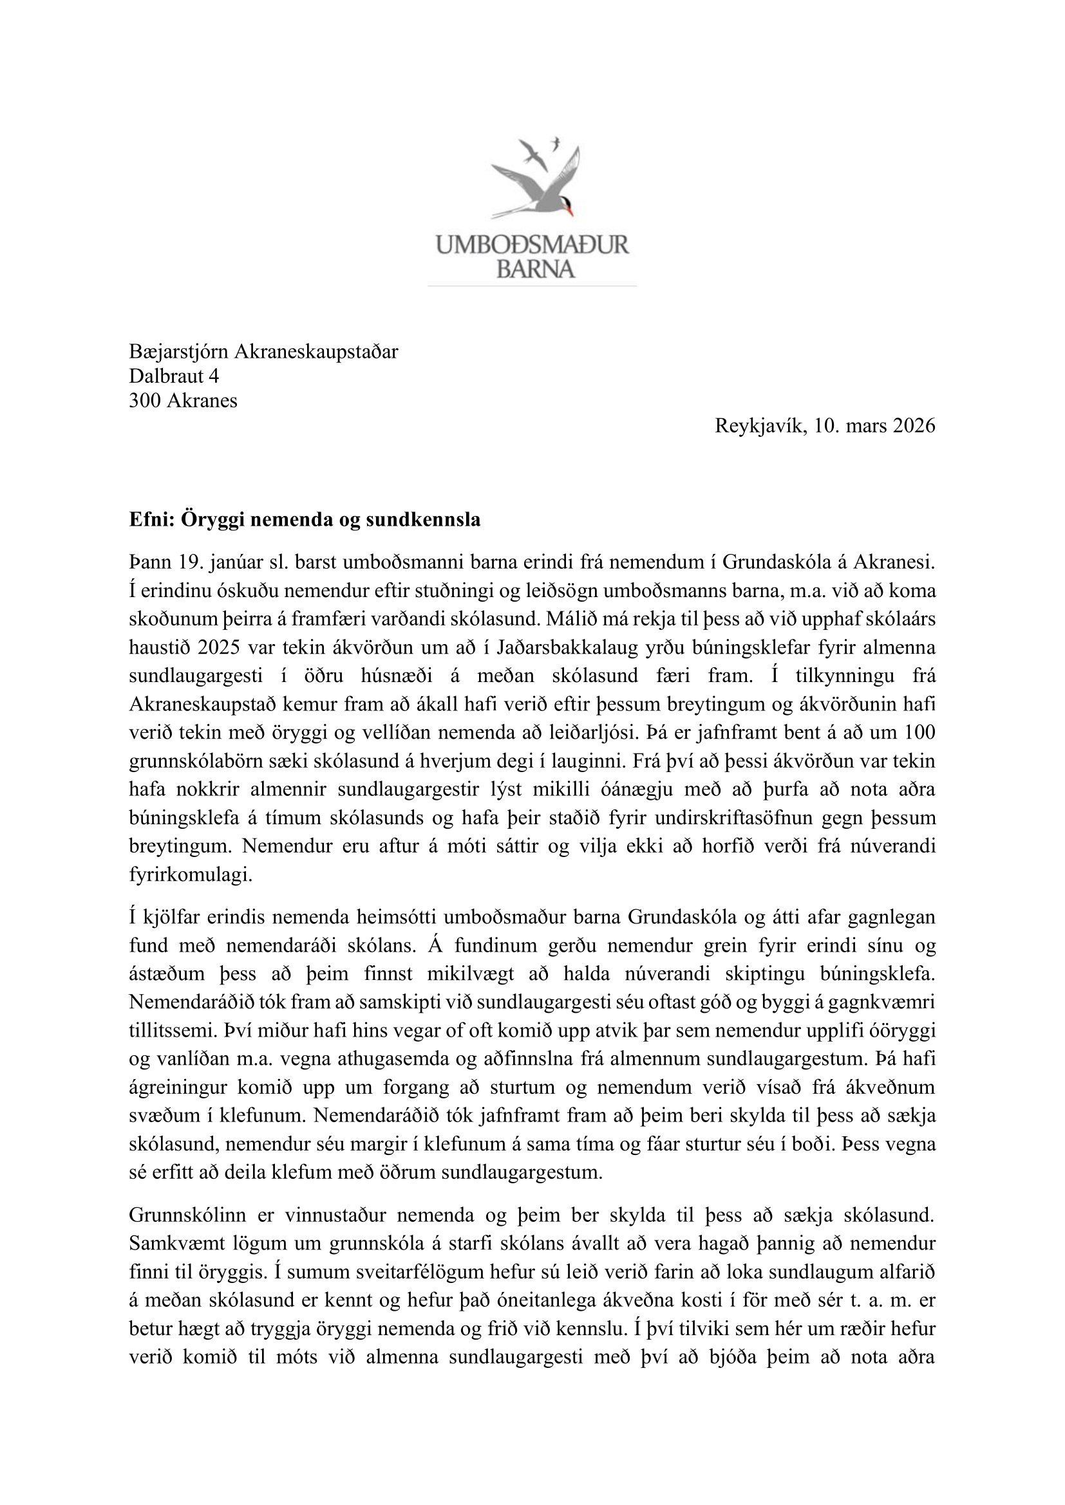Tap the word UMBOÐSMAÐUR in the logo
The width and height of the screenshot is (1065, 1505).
(532, 246)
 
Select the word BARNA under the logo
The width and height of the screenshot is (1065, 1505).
(535, 269)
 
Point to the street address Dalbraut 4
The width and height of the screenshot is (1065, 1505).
(174, 376)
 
